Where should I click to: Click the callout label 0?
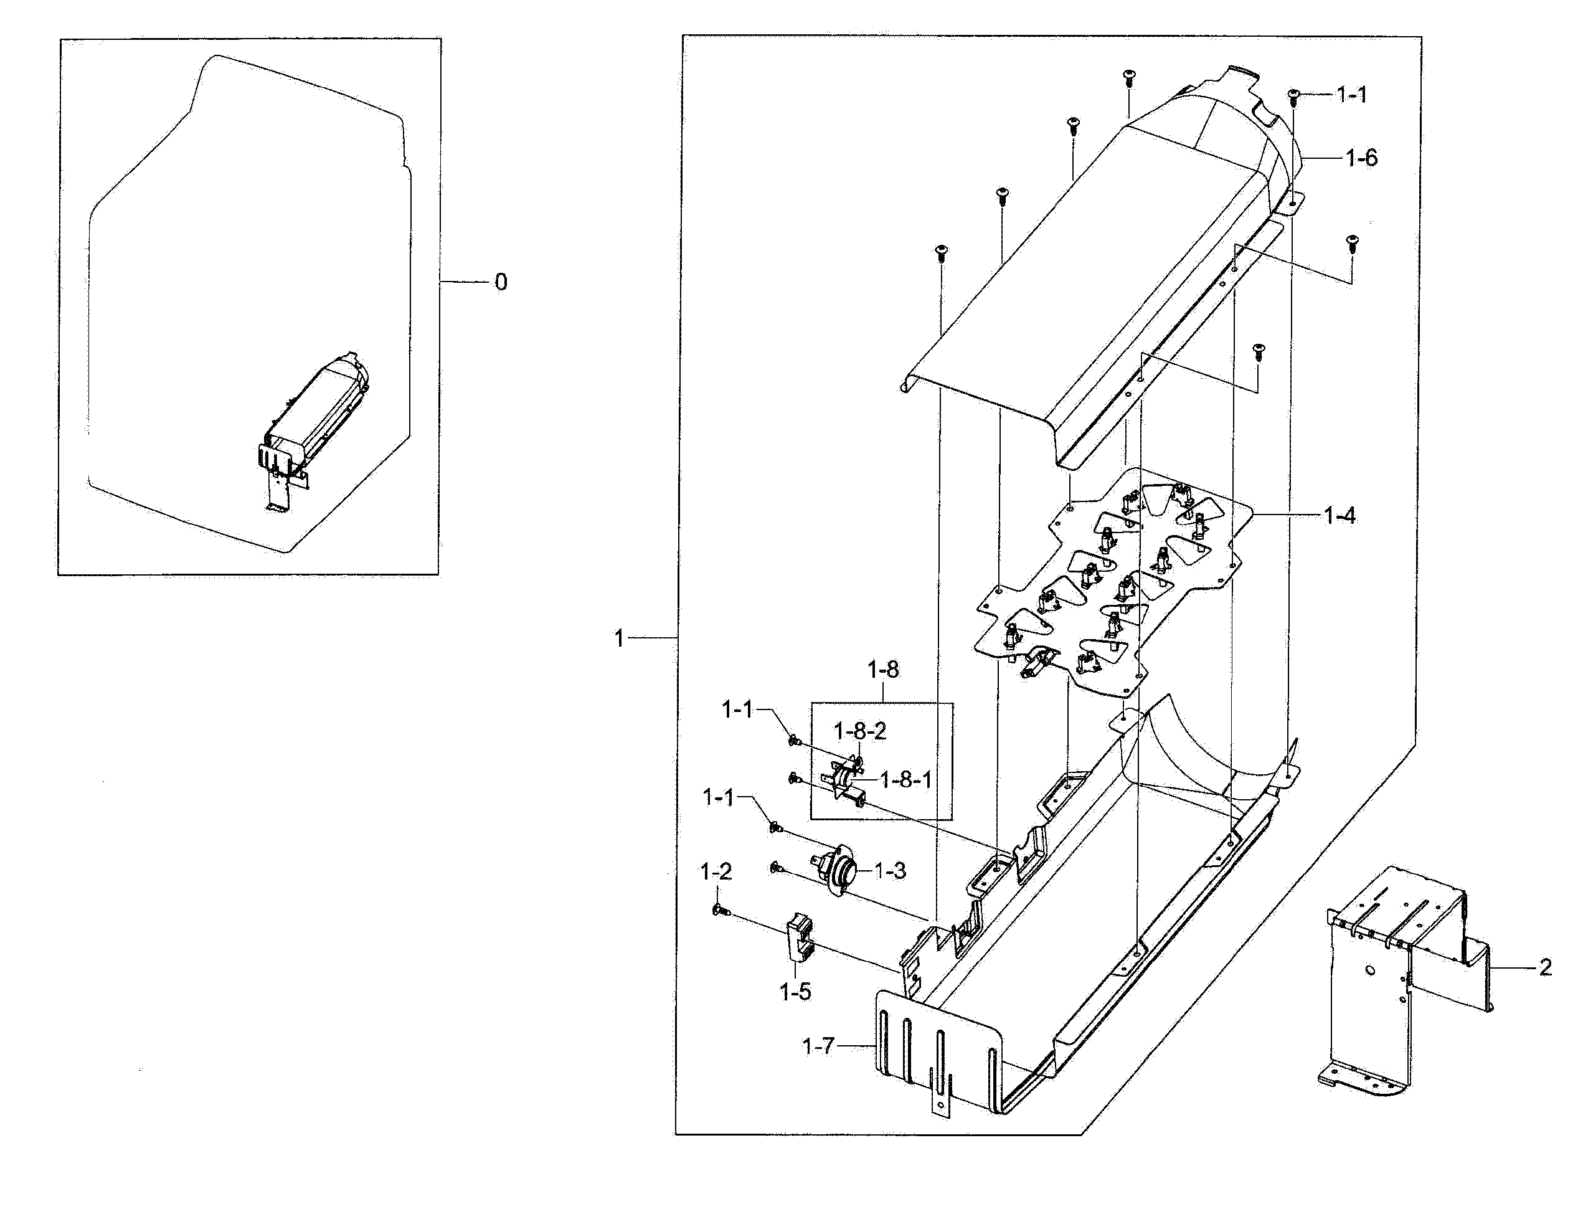(x=501, y=282)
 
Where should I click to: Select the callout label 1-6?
(x=1361, y=158)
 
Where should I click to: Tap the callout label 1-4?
(x=1340, y=516)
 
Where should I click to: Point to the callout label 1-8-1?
(x=906, y=780)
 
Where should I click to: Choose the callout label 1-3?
(x=890, y=871)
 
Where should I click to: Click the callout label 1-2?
(x=716, y=872)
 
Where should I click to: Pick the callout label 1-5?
(x=795, y=992)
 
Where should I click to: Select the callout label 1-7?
(x=818, y=1046)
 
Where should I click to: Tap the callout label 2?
(x=1545, y=967)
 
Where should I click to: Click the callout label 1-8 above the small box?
(x=883, y=670)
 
